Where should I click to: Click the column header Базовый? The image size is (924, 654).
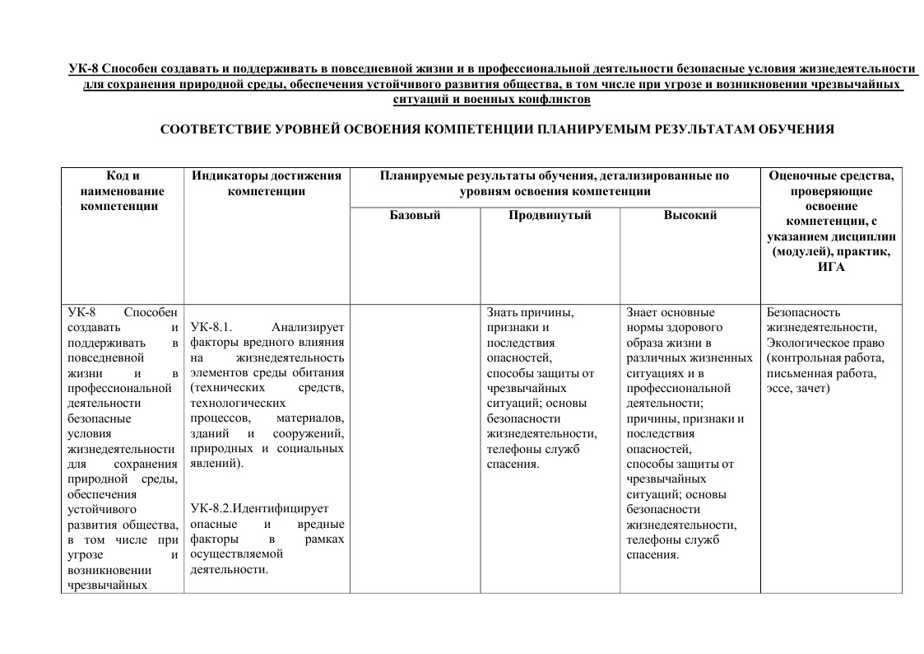pyautogui.click(x=415, y=215)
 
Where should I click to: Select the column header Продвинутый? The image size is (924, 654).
pyautogui.click(x=550, y=215)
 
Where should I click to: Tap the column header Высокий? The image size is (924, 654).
pyautogui.click(x=690, y=215)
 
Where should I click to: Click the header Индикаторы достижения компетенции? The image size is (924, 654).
pyautogui.click(x=266, y=183)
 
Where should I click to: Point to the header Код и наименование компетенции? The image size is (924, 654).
pyautogui.click(x=123, y=190)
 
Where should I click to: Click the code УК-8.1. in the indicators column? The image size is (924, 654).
pyautogui.click(x=211, y=328)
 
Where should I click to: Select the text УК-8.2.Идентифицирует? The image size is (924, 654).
pyautogui.click(x=258, y=509)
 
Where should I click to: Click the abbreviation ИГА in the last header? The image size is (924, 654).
pyautogui.click(x=831, y=267)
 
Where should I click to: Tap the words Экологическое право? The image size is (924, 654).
pyautogui.click(x=825, y=343)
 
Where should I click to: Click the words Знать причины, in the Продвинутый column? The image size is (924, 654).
pyautogui.click(x=530, y=312)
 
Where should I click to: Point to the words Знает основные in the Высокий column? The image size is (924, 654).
pyautogui.click(x=671, y=312)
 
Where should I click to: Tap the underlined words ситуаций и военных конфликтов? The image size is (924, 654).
pyautogui.click(x=492, y=100)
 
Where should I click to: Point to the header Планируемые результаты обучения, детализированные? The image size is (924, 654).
pyautogui.click(x=555, y=175)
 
